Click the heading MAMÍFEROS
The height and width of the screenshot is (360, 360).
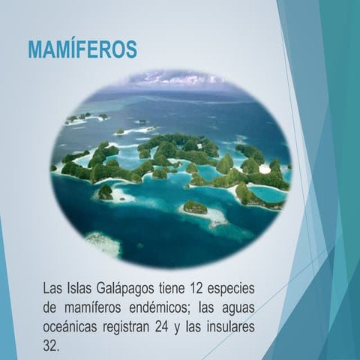click(82, 50)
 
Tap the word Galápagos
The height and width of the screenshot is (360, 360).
click(123, 288)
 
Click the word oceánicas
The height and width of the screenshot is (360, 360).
click(73, 328)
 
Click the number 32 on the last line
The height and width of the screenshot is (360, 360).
click(50, 347)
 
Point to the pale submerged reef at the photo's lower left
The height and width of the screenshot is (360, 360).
click(103, 241)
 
